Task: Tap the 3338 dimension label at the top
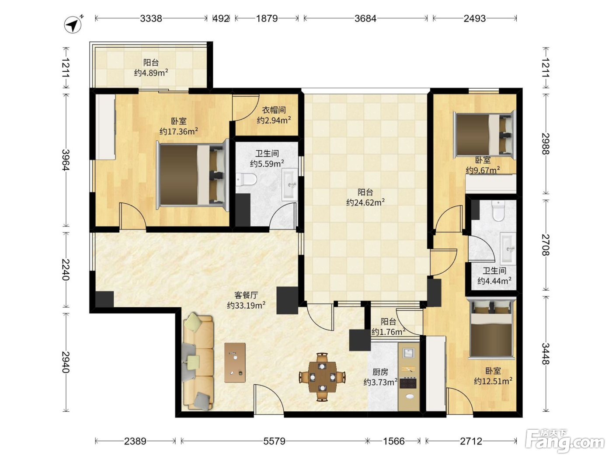pos(151,18)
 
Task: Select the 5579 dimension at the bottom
pos(275,441)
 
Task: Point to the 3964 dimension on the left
pos(66,160)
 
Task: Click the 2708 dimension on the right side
pos(546,245)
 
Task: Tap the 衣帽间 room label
pos(274,110)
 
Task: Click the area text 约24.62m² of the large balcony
pos(365,202)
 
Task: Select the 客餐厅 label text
pos(246,295)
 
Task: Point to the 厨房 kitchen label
pos(380,372)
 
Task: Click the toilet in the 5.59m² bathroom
pos(246,179)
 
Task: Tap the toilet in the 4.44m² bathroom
pos(498,211)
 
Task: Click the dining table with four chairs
pos(322,377)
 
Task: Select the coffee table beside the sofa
pos(235,362)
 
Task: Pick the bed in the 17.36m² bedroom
pos(193,175)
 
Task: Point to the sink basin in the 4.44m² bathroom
pos(508,249)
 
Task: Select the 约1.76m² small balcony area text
pos(388,332)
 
